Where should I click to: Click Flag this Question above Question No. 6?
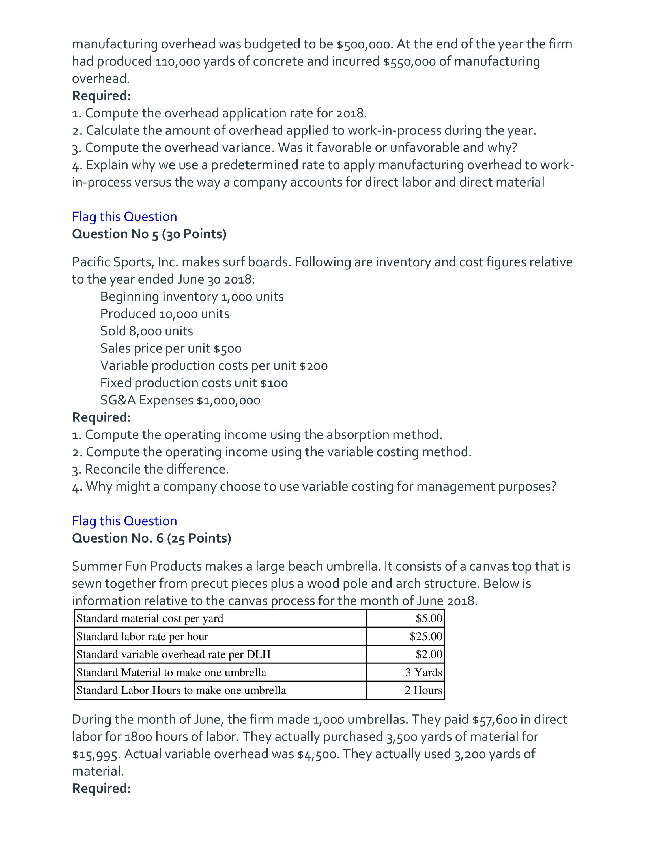click(x=124, y=521)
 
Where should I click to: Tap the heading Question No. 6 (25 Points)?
click(x=152, y=538)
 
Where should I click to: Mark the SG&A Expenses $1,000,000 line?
click(x=180, y=400)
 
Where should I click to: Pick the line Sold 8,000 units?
click(x=147, y=331)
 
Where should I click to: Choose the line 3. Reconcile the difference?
click(x=151, y=469)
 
